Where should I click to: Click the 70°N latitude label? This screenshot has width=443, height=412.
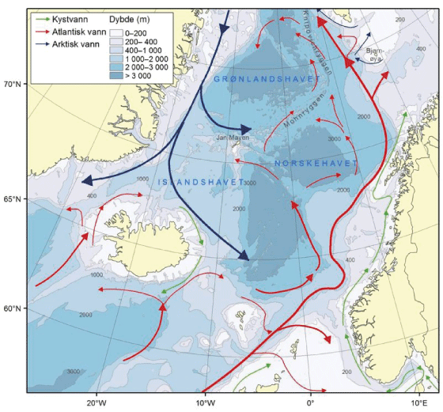coord(13,83)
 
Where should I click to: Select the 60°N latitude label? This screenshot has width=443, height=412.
coord(13,308)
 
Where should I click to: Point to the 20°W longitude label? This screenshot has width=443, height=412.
coord(97,402)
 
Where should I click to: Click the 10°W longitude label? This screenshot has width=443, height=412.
coord(205,402)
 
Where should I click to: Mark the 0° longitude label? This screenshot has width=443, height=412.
coord(311,402)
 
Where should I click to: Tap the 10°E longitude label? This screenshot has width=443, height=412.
coord(418,402)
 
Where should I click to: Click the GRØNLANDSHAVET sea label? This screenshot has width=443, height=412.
coord(265,80)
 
